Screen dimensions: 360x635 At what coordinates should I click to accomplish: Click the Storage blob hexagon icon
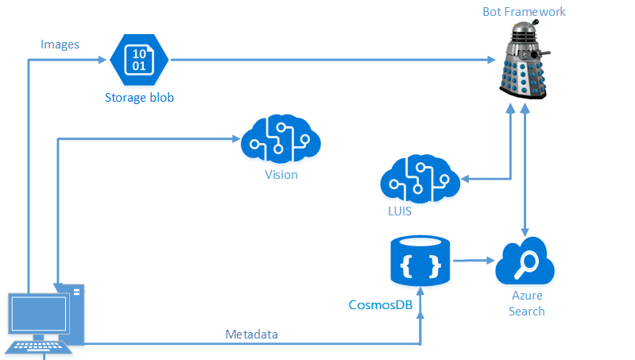pyautogui.click(x=138, y=61)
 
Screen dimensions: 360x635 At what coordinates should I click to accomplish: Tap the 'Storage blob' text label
pyautogui.click(x=139, y=99)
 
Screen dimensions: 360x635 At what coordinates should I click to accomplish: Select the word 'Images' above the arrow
pyautogui.click(x=60, y=45)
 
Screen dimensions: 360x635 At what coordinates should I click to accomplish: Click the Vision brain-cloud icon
pyautogui.click(x=281, y=140)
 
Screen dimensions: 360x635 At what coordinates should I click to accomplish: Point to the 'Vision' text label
pyautogui.click(x=281, y=174)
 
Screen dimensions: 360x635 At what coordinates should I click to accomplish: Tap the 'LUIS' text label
pyautogui.click(x=399, y=212)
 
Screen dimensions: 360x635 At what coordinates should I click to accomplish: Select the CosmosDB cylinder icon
pyautogui.click(x=420, y=262)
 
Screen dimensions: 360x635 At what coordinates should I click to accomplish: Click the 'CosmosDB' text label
pyautogui.click(x=381, y=305)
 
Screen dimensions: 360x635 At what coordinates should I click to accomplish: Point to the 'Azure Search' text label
pyautogui.click(x=527, y=303)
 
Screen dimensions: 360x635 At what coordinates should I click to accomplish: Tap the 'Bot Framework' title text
pyautogui.click(x=525, y=12)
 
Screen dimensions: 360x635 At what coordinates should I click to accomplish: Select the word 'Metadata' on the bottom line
pyautogui.click(x=252, y=335)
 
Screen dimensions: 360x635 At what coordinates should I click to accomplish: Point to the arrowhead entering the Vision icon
pyautogui.click(x=236, y=140)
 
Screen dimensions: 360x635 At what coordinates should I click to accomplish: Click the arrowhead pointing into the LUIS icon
pyautogui.click(x=466, y=178)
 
